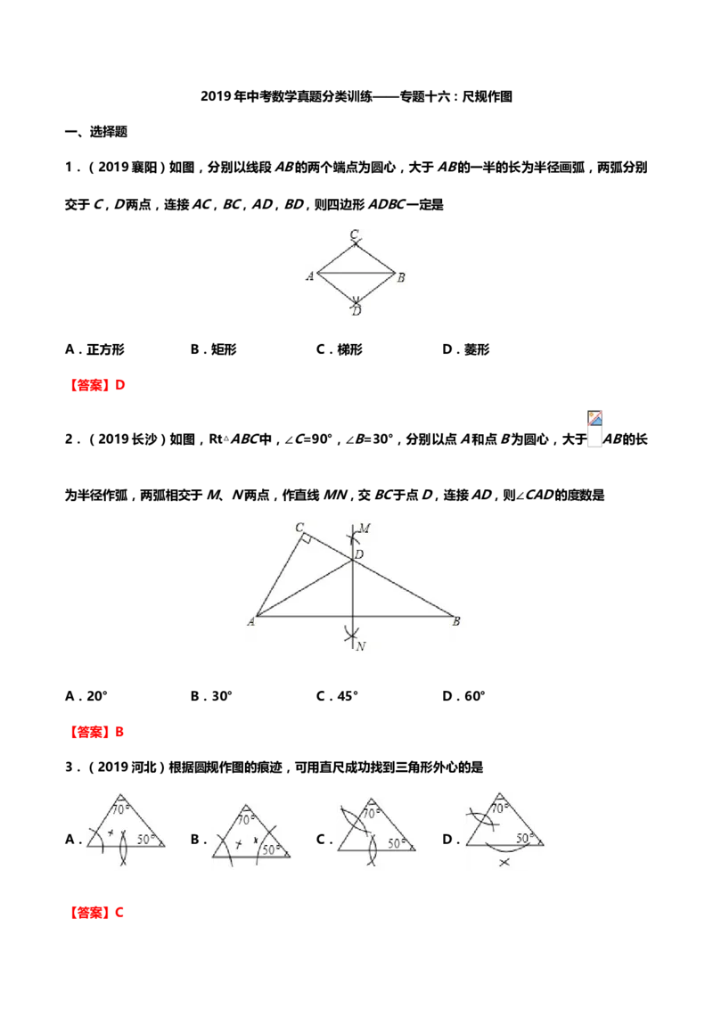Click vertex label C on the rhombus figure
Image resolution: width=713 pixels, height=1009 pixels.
[x=354, y=234]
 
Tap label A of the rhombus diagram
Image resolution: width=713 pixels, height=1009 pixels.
[x=309, y=276]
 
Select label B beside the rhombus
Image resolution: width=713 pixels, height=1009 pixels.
[x=401, y=277]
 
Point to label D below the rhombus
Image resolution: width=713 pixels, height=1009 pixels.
[x=356, y=311]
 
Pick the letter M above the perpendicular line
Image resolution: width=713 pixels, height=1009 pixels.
[x=364, y=529]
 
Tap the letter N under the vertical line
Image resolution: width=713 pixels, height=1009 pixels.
[x=360, y=646]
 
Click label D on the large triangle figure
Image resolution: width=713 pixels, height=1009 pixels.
[x=358, y=555]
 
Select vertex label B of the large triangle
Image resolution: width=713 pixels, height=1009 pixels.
[x=455, y=621]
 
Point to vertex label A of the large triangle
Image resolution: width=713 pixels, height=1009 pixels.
[x=251, y=621]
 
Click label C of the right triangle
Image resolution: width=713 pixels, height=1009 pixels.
[x=299, y=526]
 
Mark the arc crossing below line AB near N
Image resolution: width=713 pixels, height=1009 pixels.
[x=353, y=635]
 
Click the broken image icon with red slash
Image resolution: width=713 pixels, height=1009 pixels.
[x=595, y=419]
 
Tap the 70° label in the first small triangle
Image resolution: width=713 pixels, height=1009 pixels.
[x=123, y=810]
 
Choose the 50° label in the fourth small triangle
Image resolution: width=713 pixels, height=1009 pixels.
[x=525, y=838]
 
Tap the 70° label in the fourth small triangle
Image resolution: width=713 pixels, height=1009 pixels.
[x=500, y=808]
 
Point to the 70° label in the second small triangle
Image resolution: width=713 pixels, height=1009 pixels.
[x=246, y=819]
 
